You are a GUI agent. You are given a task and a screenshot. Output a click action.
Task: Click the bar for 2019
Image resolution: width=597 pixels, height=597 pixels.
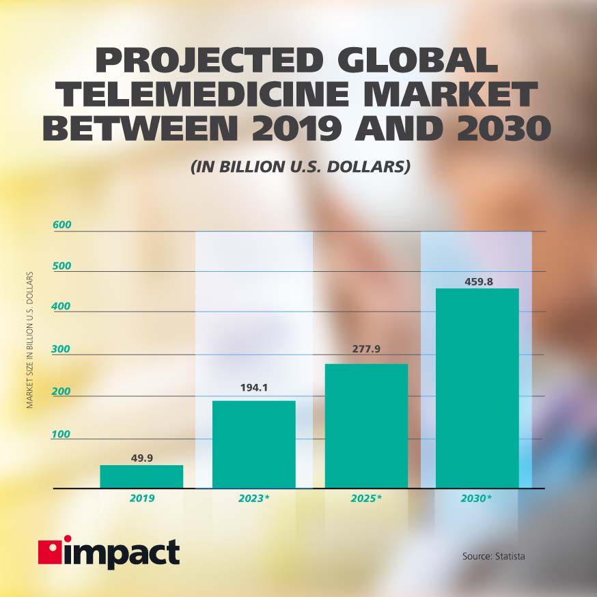(141, 477)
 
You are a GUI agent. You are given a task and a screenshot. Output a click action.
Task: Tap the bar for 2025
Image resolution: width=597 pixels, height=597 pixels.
(366, 426)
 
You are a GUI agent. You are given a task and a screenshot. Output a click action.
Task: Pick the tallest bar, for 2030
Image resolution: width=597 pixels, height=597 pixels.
(477, 388)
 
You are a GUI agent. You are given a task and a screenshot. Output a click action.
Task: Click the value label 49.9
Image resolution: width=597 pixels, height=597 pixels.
(141, 458)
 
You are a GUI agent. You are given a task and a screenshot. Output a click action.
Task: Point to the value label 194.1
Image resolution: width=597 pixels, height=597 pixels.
(253, 388)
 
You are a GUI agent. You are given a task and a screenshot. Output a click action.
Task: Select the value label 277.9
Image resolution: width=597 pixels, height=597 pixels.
(365, 350)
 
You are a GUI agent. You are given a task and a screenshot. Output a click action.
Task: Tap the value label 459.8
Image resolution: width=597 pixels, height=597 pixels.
(477, 279)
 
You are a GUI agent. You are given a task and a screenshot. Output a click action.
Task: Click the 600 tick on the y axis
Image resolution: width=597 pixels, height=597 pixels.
(62, 225)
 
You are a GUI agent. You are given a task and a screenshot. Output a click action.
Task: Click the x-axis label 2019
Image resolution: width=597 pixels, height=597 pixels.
(141, 499)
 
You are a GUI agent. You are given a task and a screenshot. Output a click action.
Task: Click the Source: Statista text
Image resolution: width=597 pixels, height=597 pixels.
(493, 557)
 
